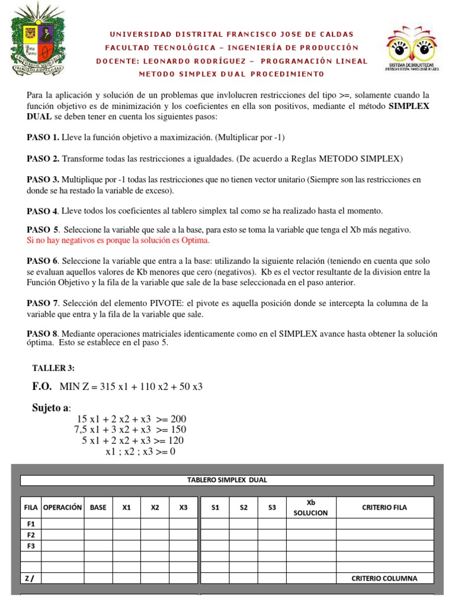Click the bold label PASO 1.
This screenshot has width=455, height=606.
pos(43,137)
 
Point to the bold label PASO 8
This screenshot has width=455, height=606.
pos(43,334)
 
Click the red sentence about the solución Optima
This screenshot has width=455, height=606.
pos(118,240)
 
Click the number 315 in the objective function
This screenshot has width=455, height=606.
pos(118,387)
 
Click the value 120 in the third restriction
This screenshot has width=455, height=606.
pos(175,441)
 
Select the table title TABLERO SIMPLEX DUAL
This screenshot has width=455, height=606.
pos(227,480)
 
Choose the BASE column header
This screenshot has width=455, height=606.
pos(98,507)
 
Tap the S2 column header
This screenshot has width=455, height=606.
pos(244,507)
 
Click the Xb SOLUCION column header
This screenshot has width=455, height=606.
pos(310,507)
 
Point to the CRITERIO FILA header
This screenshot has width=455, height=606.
pos(384,507)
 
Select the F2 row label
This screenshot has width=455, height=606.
pos(31,534)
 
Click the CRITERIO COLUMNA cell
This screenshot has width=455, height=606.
pos(384,578)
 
